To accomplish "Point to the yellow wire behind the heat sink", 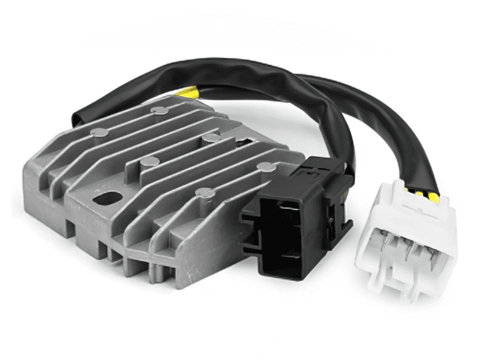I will tap(189, 93).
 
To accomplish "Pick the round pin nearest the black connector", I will tap(264, 166).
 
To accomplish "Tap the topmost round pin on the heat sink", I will tap(159, 110).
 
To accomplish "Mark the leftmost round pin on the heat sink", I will tap(98, 132).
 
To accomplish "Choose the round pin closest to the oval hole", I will tap(148, 162).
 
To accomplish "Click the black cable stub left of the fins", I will tap(80, 116).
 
